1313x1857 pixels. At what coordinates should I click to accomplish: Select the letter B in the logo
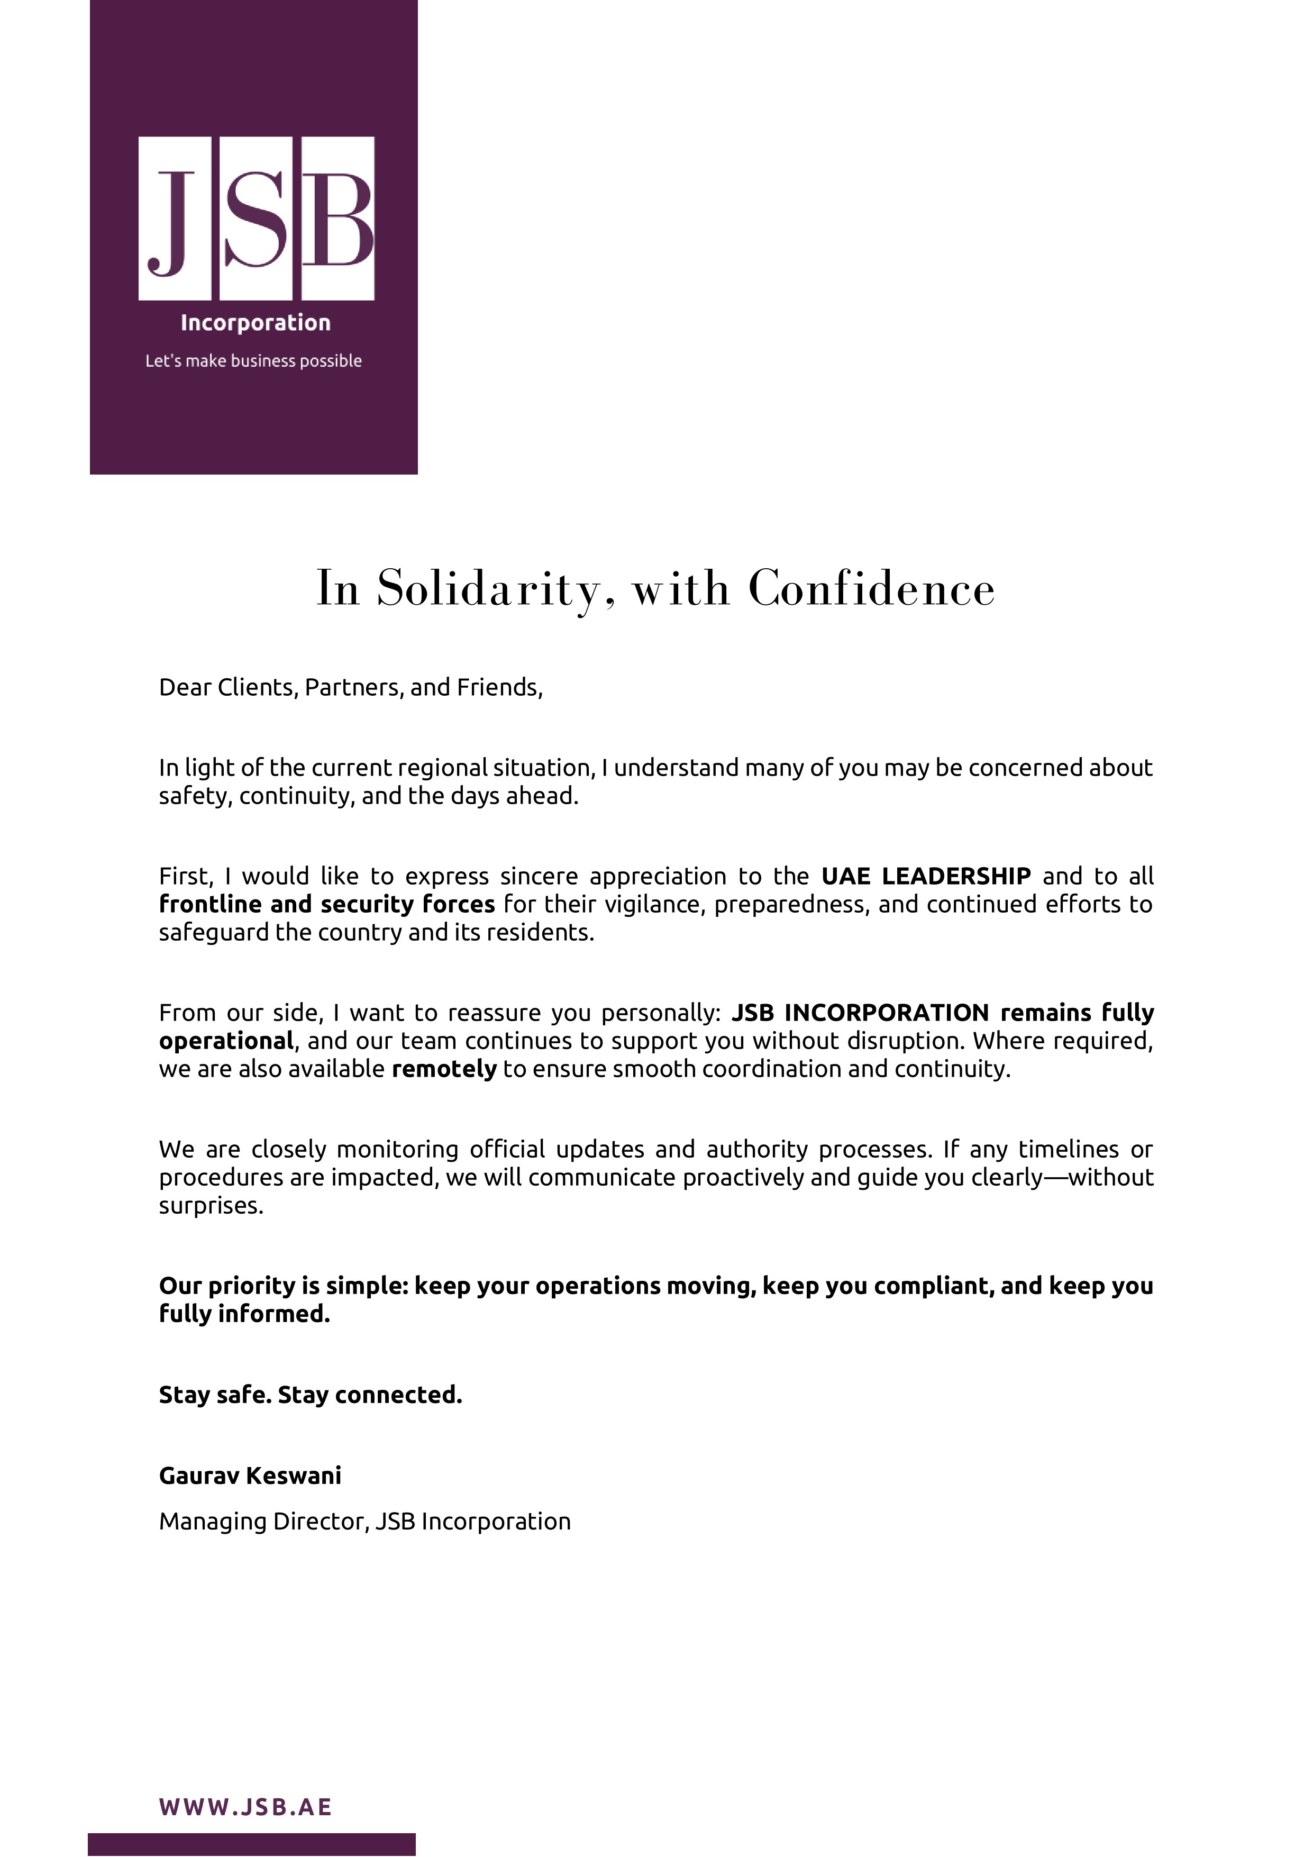pos(338,219)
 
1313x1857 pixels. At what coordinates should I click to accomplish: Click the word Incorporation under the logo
pos(256,323)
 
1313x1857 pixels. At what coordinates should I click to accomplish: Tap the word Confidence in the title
pos(872,588)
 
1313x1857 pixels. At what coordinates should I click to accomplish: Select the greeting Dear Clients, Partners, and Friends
pos(351,687)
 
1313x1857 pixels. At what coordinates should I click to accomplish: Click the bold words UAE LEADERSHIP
pos(926,876)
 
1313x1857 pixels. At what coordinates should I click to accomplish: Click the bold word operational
pos(225,1041)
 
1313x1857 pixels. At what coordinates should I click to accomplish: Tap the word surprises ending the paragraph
pos(211,1205)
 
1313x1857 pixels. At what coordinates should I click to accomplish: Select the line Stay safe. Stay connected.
pos(311,1395)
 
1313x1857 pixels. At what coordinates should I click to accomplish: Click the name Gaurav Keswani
pos(250,1476)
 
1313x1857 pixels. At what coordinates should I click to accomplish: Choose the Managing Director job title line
pos(364,1522)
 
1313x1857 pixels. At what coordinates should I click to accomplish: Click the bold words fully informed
pos(244,1314)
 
